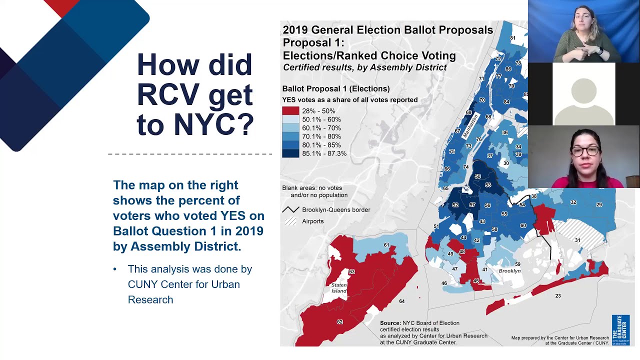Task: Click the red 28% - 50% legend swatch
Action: coord(290,111)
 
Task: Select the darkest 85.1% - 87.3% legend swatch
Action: coord(290,153)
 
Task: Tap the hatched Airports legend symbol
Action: coord(290,221)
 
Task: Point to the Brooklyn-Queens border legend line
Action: coord(290,210)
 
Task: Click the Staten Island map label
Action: coord(339,288)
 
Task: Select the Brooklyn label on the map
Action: coord(509,271)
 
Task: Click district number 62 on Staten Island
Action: coord(340,322)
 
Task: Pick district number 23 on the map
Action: coord(558,296)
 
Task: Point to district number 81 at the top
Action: coord(512,38)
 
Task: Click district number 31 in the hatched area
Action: coord(577,240)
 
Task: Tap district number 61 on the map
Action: coord(386,245)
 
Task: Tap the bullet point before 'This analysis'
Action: coord(115,269)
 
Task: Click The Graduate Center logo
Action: coord(620,330)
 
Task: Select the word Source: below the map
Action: coord(390,323)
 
